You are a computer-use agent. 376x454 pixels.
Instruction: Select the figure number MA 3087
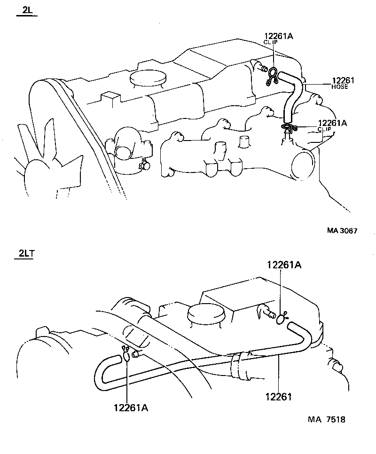tap(342, 231)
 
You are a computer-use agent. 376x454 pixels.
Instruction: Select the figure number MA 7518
tap(327, 419)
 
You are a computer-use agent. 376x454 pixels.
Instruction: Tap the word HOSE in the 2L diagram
tap(340, 87)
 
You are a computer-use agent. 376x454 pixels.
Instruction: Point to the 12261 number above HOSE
tap(343, 81)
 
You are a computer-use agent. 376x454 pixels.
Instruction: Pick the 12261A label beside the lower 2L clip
tap(332, 123)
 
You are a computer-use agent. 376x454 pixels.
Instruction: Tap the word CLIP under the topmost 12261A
tap(270, 42)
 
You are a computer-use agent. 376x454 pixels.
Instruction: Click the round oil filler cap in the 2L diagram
tap(148, 77)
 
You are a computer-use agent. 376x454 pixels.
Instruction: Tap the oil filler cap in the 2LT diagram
tap(204, 313)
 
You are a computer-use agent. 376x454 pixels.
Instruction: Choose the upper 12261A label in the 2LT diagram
tap(284, 265)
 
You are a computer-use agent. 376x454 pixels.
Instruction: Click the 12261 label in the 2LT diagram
tap(278, 397)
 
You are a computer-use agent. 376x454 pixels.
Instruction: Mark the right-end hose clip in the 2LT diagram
tap(281, 318)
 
